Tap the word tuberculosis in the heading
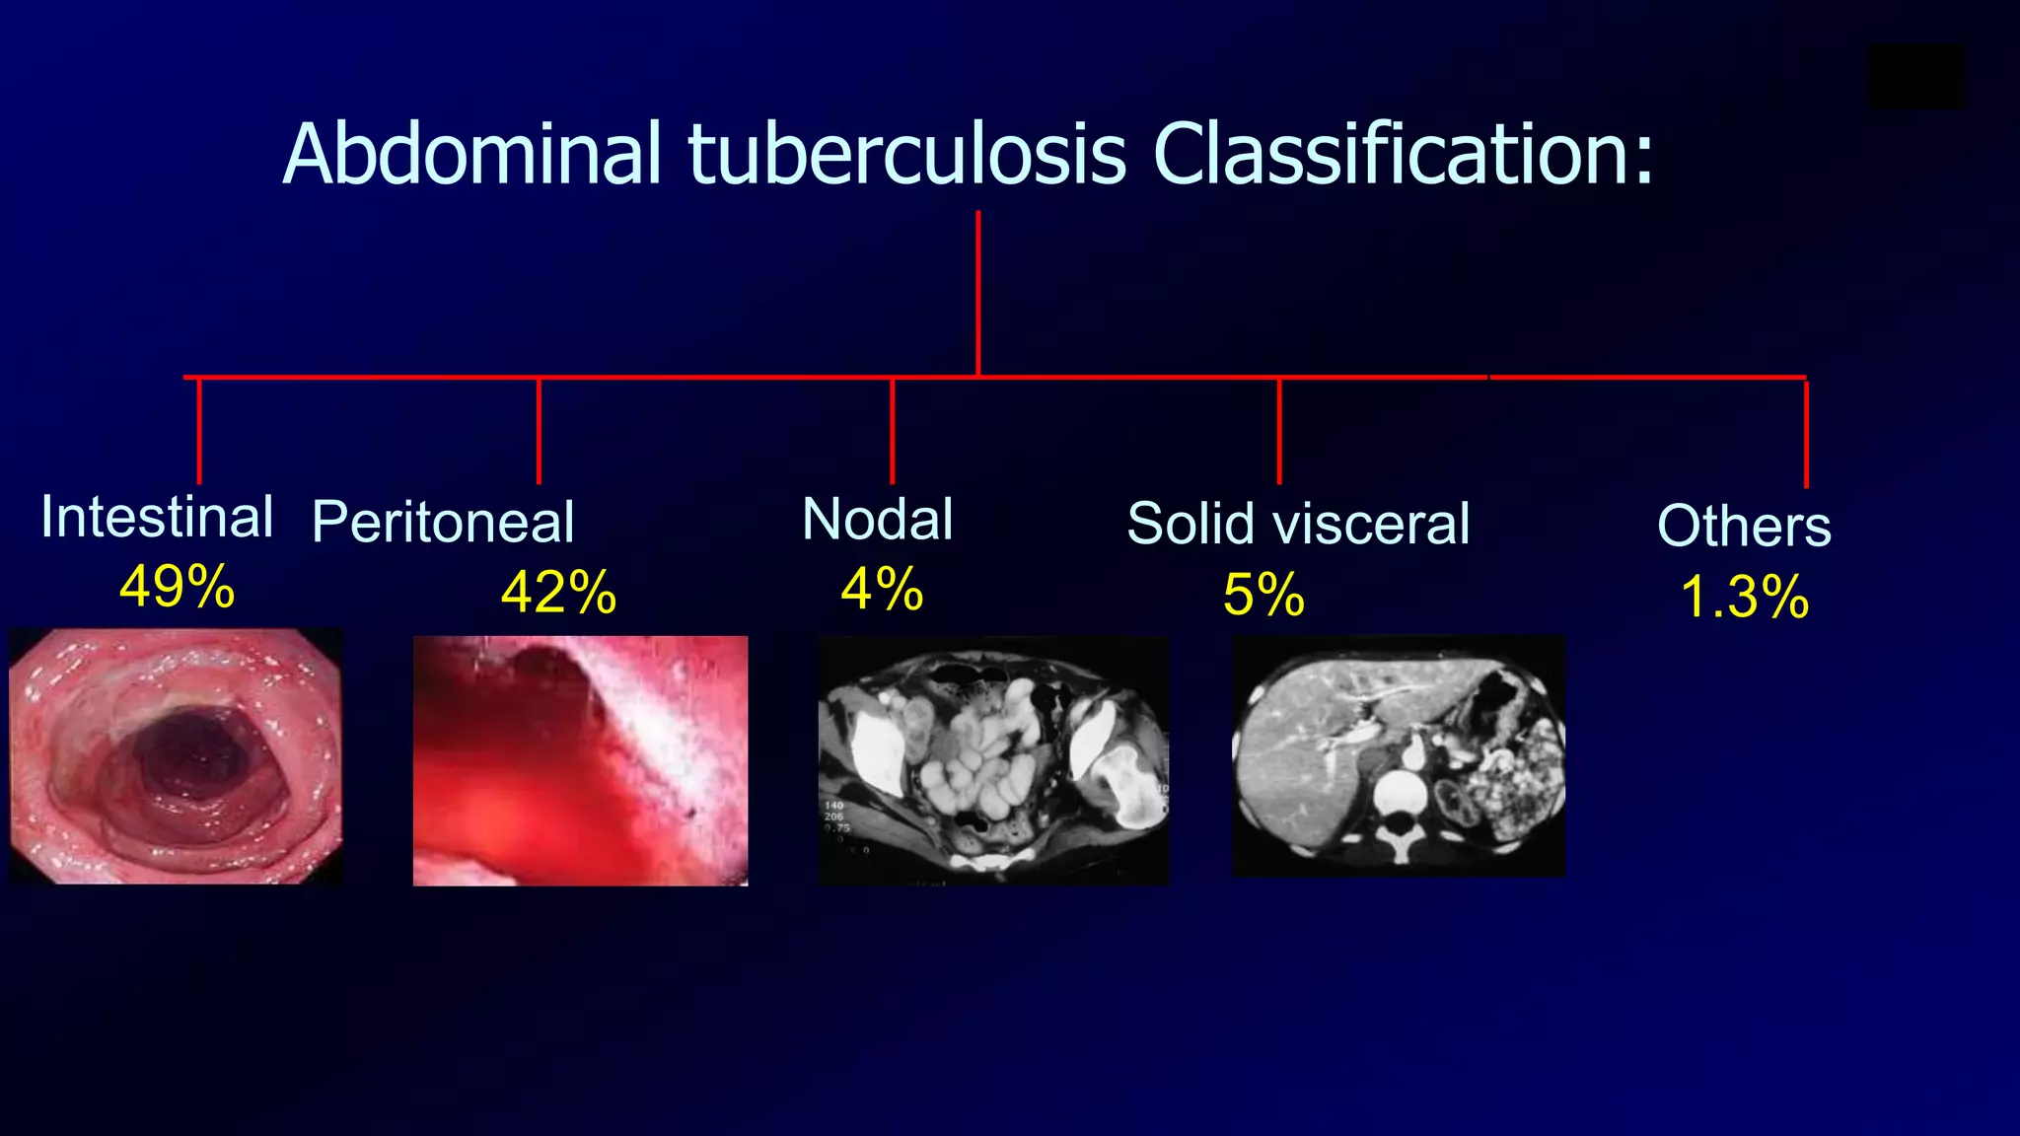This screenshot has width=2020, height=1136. pyautogui.click(x=906, y=154)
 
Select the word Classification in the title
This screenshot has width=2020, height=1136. pyautogui.click(x=1390, y=154)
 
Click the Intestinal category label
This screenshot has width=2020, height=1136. pyautogui.click(x=157, y=517)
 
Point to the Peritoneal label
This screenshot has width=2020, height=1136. pyautogui.click(x=443, y=522)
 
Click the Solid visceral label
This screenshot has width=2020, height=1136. pyautogui.click(x=1298, y=523)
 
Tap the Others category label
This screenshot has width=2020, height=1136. pyautogui.click(x=1744, y=526)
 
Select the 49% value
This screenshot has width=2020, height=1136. pyautogui.click(x=177, y=587)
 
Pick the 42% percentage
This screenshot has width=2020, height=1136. pyautogui.click(x=558, y=593)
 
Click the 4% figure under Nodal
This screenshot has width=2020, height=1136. pyautogui.click(x=882, y=590)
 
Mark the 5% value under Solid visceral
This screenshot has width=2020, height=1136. pyautogui.click(x=1263, y=595)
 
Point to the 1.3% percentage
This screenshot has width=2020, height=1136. pyautogui.click(x=1744, y=598)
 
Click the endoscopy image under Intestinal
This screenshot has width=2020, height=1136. pyautogui.click(x=177, y=756)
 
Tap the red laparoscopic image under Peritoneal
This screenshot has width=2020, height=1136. pyautogui.click(x=580, y=760)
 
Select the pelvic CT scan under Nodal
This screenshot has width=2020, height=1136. pyautogui.click(x=993, y=760)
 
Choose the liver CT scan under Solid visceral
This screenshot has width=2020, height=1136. pyautogui.click(x=1399, y=755)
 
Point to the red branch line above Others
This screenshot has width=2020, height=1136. pyautogui.click(x=1806, y=434)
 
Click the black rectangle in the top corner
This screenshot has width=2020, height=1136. pyautogui.click(x=1916, y=76)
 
